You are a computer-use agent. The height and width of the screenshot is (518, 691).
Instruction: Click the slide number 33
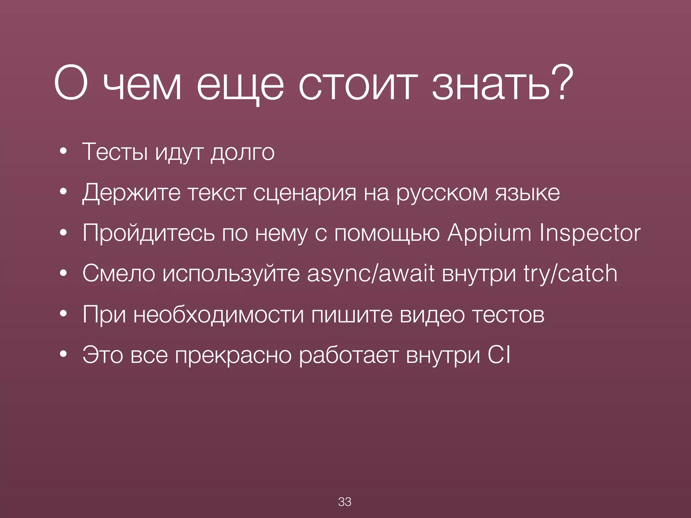pos(345,502)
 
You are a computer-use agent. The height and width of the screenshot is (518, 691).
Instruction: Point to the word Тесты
pos(115,152)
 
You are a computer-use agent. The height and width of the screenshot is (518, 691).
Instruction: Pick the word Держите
pos(131,193)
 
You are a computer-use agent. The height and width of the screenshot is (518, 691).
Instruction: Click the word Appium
pos(489,234)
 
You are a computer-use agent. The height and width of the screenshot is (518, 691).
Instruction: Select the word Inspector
pos(590,234)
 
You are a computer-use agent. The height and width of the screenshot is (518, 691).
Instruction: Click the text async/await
pos(370,274)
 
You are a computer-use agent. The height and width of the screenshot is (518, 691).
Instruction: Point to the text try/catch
pos(571,274)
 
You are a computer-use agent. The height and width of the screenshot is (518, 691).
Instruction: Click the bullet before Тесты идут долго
pos(63,152)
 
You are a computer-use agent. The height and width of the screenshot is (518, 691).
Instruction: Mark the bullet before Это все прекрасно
pos(63,355)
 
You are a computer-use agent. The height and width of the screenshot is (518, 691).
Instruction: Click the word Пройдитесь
pos(148,234)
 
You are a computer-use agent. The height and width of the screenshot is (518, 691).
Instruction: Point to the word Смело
pos(119,274)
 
